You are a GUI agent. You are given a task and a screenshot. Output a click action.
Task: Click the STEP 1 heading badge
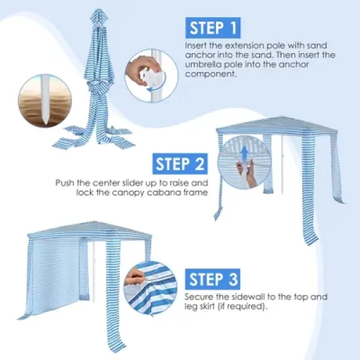[213, 28]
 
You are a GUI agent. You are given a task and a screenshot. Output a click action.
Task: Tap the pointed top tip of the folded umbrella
[98, 12]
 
